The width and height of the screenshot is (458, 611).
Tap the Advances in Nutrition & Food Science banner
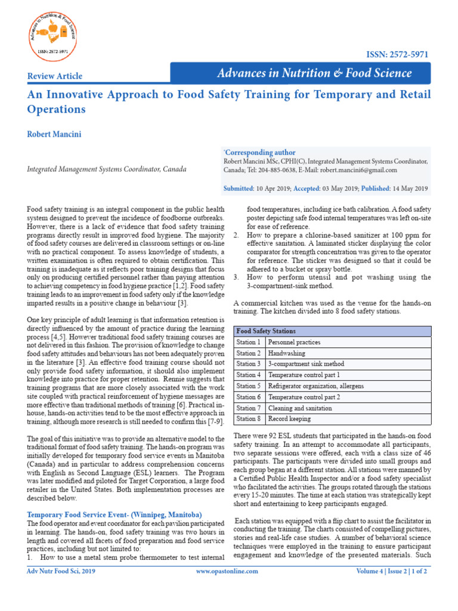tap(314, 73)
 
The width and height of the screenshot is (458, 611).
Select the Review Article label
tap(55, 76)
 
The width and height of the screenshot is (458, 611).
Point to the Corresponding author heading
tap(259, 153)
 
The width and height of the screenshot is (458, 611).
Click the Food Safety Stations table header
tap(266, 331)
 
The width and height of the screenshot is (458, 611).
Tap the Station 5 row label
tap(248, 386)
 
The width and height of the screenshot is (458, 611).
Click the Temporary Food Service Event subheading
tap(115, 515)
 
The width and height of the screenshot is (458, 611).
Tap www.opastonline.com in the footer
tap(227, 571)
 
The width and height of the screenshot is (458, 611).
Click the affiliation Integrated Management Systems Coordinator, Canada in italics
tap(107, 169)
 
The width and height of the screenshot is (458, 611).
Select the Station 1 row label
tap(248, 342)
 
